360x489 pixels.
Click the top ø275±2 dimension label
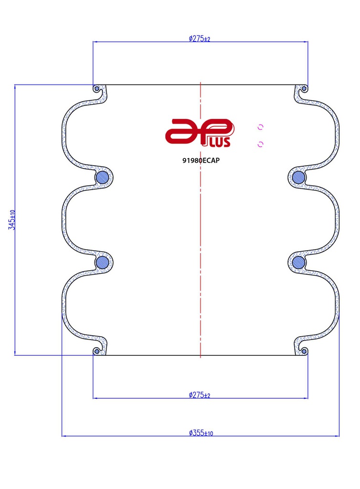(x=200, y=39)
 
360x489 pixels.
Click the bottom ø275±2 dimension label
(x=200, y=395)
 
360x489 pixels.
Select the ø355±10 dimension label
(x=201, y=433)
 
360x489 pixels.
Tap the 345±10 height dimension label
(x=12, y=220)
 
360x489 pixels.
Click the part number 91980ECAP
(x=201, y=160)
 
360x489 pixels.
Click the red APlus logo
(x=200, y=133)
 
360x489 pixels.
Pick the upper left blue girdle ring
(x=102, y=178)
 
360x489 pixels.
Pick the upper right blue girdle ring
(x=298, y=178)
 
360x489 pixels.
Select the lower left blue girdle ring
(x=102, y=262)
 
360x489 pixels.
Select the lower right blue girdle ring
(x=298, y=262)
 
